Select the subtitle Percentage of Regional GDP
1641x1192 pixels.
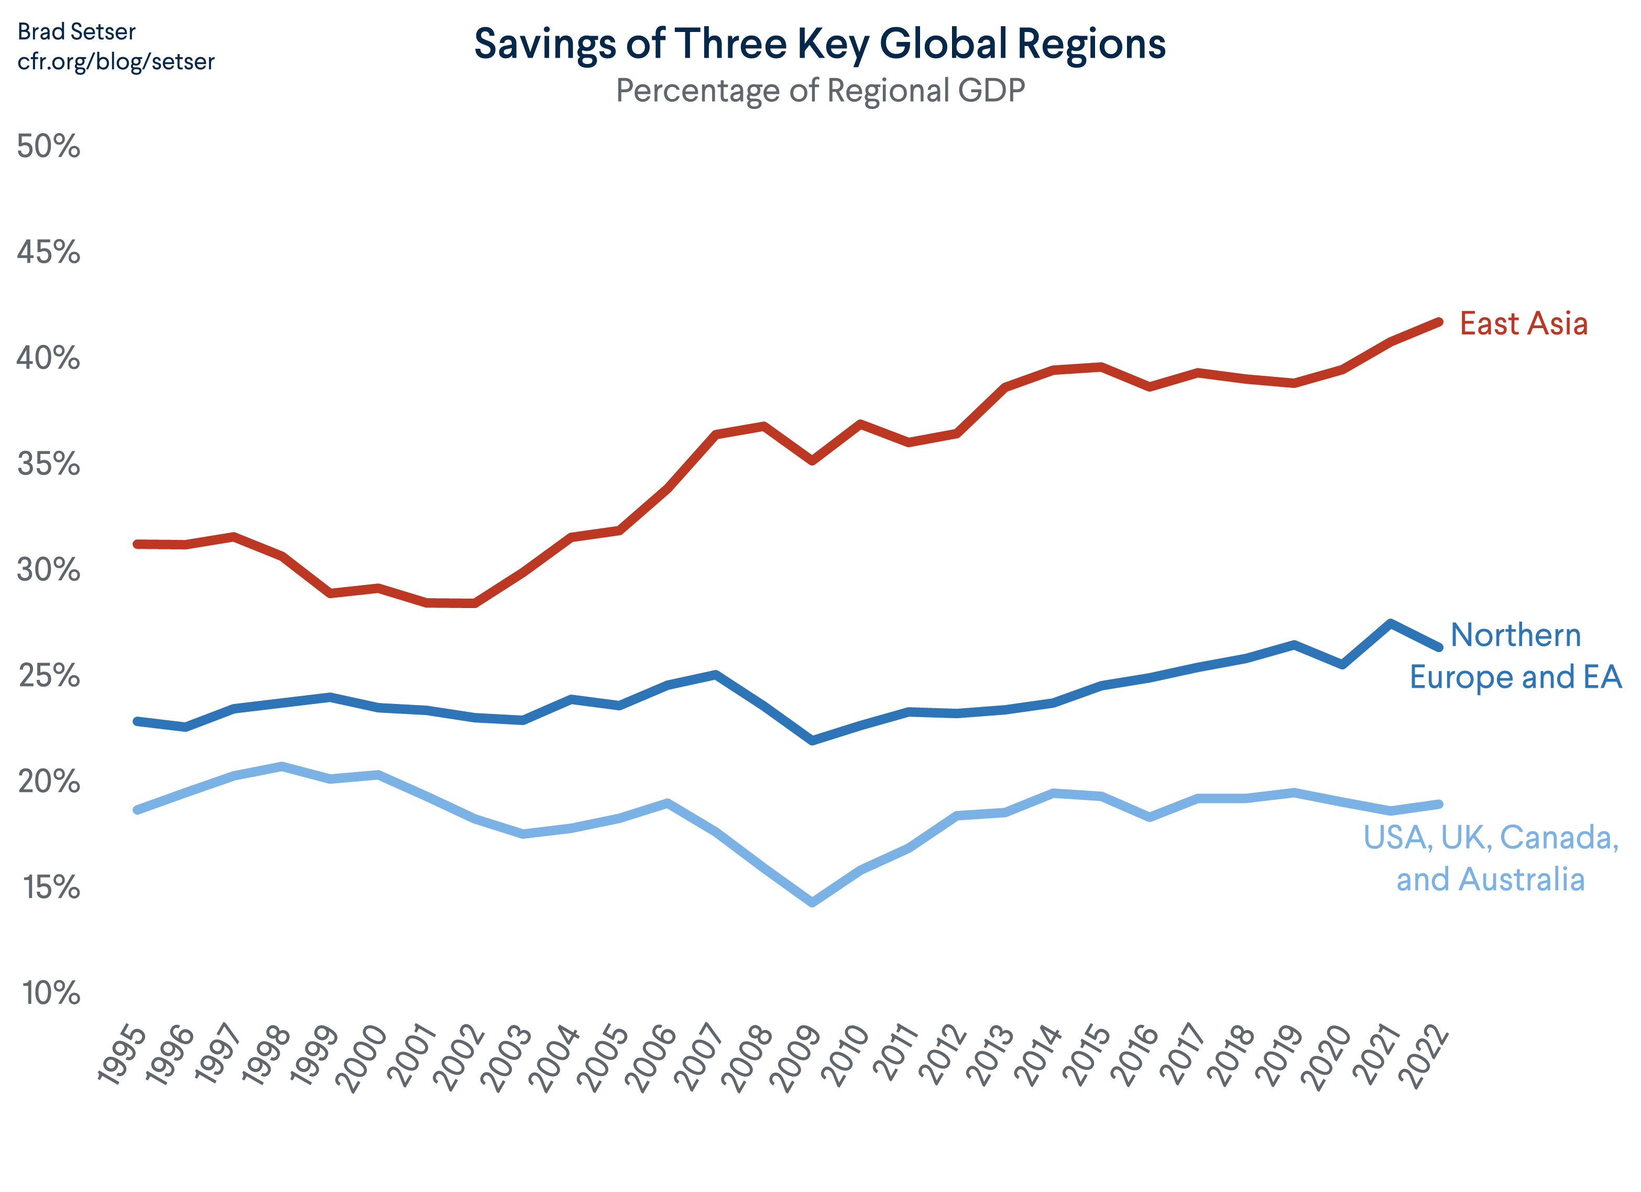(x=820, y=91)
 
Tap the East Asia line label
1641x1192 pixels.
(x=1523, y=323)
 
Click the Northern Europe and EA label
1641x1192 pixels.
(x=1515, y=656)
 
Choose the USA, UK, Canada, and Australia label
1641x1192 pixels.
(x=1491, y=859)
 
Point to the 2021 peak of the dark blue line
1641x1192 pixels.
(x=1391, y=623)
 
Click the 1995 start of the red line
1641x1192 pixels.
(x=137, y=544)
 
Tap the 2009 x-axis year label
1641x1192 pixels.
(x=796, y=1058)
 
